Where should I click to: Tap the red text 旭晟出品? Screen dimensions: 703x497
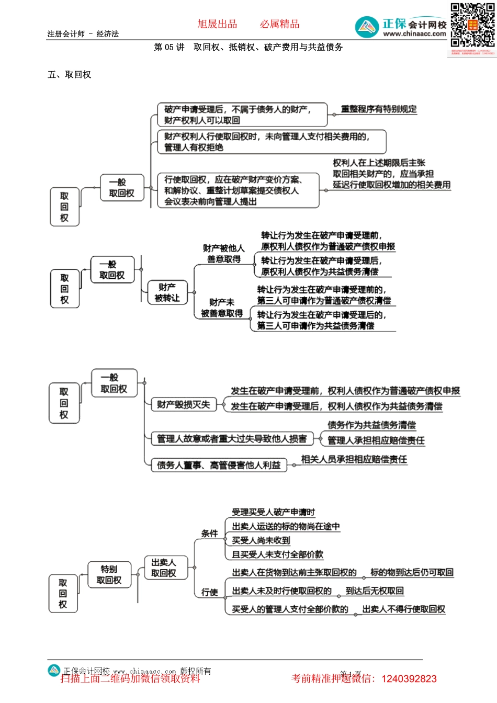217,24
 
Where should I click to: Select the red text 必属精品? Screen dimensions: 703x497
280,24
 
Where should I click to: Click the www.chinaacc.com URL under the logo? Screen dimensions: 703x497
414,34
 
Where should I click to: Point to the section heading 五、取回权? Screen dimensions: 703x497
70,75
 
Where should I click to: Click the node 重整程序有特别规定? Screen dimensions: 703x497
379,109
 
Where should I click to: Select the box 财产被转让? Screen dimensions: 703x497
167,292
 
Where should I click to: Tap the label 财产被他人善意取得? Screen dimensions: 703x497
223,254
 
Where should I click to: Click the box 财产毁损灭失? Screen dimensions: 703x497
183,404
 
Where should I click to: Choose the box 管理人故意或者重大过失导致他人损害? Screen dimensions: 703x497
232,439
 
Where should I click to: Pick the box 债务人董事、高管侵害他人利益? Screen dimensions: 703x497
219,465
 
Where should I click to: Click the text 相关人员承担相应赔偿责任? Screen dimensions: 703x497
354,459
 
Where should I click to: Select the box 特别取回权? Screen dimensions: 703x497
109,574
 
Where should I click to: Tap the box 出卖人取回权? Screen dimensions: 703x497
163,568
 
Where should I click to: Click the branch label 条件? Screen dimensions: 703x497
209,534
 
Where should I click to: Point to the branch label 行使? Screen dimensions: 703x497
209,592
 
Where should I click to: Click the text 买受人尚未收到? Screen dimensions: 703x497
261,540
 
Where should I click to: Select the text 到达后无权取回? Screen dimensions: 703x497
375,591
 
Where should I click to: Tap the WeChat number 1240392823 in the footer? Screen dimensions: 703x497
409,679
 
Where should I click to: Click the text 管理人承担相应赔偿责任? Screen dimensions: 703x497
376,440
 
